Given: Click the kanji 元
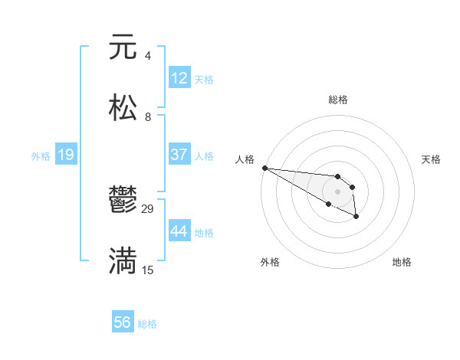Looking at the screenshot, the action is (123, 47).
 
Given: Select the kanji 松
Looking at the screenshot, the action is (123, 108).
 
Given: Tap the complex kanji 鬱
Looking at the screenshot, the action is (123, 201).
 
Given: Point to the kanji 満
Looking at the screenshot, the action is (123, 261).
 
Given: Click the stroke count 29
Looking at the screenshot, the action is (148, 208).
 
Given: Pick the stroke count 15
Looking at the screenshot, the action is (148, 270).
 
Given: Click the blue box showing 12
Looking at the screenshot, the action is (179, 78).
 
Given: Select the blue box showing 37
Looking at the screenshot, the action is (179, 155).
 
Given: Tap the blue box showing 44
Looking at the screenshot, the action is (179, 231).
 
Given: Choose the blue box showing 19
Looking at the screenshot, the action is (66, 155).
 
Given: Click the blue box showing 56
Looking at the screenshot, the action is (123, 322).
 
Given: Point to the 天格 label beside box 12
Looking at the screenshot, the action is (204, 79).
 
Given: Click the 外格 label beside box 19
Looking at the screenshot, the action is (41, 155).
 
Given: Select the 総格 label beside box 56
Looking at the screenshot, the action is (147, 323).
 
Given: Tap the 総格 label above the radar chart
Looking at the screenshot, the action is (338, 100).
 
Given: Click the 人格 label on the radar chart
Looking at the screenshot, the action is (245, 159).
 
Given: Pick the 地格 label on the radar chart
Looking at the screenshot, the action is (402, 262).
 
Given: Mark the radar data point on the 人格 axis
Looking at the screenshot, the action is (264, 168).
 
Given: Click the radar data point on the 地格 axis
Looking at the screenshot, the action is (356, 218).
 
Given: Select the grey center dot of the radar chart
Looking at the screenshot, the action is (337, 191).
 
